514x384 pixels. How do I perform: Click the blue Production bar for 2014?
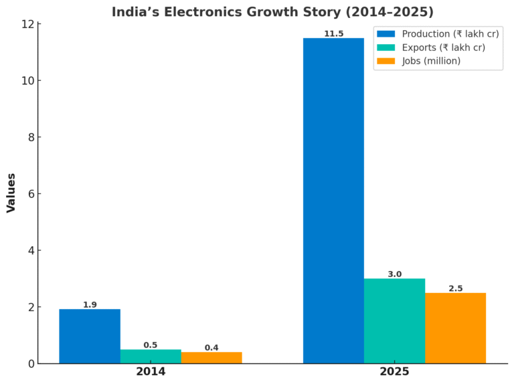tap(90, 337)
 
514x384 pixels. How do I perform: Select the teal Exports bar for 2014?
tap(151, 357)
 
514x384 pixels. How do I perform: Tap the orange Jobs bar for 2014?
tap(211, 358)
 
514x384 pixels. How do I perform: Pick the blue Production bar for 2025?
tap(333, 201)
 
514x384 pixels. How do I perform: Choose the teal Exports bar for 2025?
tap(394, 321)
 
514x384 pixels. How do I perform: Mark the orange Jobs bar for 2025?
tap(455, 328)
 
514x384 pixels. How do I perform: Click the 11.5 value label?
tap(333, 33)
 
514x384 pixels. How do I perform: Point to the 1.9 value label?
tap(90, 305)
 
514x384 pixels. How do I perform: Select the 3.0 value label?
tap(394, 274)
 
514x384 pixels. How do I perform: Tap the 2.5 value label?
tap(455, 288)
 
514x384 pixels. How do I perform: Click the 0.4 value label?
tap(211, 348)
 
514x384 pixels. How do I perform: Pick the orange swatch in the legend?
tap(386, 61)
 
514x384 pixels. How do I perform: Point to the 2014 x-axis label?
tap(151, 372)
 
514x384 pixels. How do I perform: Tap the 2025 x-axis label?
tap(394, 372)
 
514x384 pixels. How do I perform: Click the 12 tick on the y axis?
tap(27, 24)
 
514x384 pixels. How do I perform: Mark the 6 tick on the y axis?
tap(30, 194)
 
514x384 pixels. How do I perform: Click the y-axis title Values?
tap(11, 193)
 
